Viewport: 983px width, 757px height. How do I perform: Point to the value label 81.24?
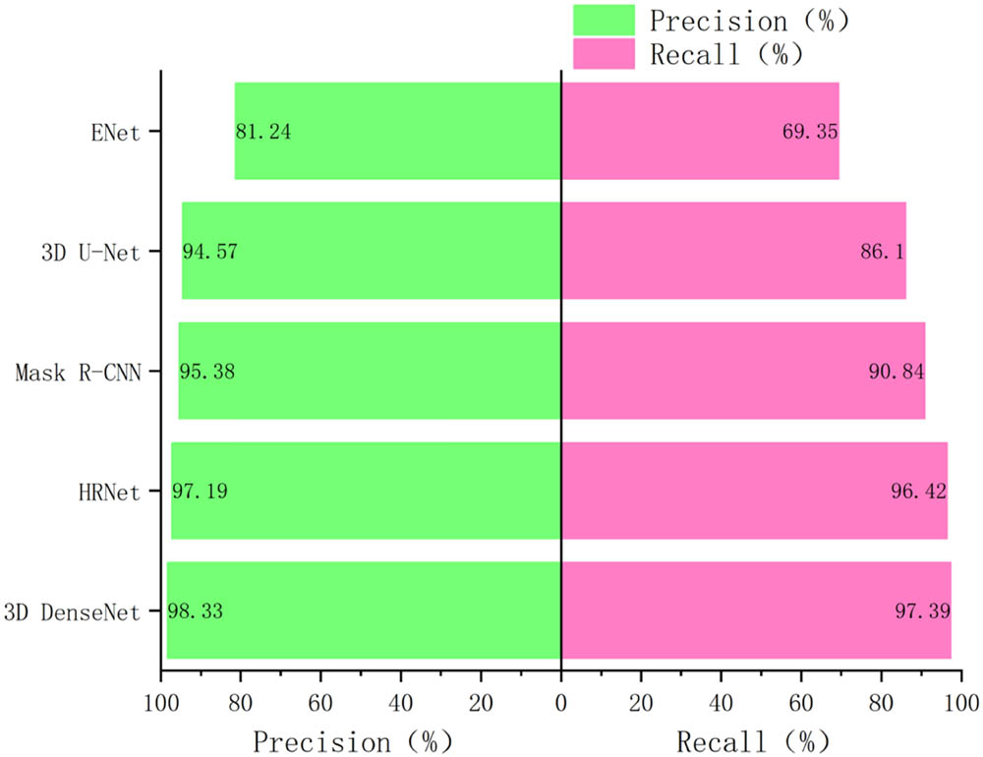[x=263, y=132]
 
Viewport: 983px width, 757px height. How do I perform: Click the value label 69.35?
[x=810, y=132]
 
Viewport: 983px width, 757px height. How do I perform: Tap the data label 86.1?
[x=882, y=252]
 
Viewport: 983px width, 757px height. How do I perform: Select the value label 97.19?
[x=201, y=492]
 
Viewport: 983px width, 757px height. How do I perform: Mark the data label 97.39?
[x=922, y=611]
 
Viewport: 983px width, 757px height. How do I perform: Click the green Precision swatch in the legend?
[x=605, y=20]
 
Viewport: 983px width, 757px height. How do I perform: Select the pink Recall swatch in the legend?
[x=605, y=53]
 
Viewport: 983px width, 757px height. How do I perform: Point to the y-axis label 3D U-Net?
[x=91, y=252]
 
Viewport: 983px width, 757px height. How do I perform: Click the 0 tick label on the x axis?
[x=560, y=704]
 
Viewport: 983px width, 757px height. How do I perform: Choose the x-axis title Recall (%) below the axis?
[x=753, y=738]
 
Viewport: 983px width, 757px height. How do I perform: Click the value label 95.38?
[x=206, y=372]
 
